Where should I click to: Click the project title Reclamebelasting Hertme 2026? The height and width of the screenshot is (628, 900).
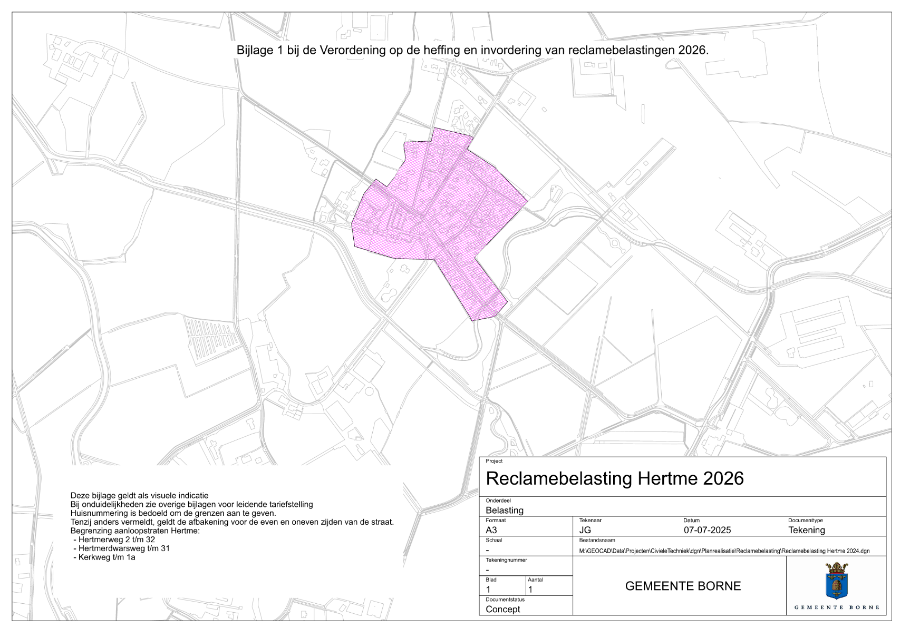(614, 478)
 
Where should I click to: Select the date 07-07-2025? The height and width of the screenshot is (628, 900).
(707, 530)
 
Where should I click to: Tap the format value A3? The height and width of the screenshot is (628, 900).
(491, 530)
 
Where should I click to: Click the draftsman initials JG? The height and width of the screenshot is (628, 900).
(585, 530)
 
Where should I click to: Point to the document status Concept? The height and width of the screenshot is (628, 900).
(502, 609)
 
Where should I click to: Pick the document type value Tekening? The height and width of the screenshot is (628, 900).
(807, 530)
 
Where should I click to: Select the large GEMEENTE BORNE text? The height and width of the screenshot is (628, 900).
(683, 586)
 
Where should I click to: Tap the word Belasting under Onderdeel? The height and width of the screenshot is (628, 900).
(505, 510)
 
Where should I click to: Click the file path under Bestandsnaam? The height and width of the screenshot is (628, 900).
(724, 551)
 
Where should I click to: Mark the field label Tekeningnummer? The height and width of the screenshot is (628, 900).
(506, 560)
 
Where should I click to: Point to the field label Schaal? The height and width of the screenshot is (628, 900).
(493, 540)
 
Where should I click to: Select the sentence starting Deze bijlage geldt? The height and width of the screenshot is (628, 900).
(139, 495)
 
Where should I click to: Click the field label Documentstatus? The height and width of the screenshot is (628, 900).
(505, 600)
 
